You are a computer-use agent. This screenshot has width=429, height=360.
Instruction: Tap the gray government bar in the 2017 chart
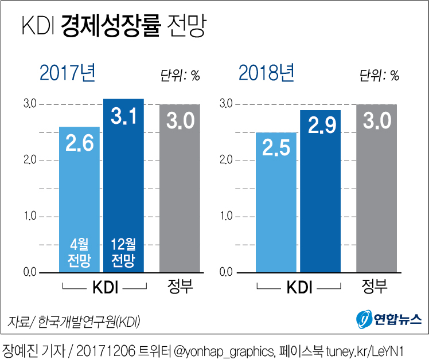click(x=180, y=189)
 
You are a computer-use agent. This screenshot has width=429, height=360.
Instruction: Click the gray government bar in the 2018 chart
click(x=376, y=189)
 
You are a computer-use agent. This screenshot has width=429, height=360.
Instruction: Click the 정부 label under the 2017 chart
click(x=180, y=287)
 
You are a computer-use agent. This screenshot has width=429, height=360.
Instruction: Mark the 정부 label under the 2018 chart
click(x=376, y=287)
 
